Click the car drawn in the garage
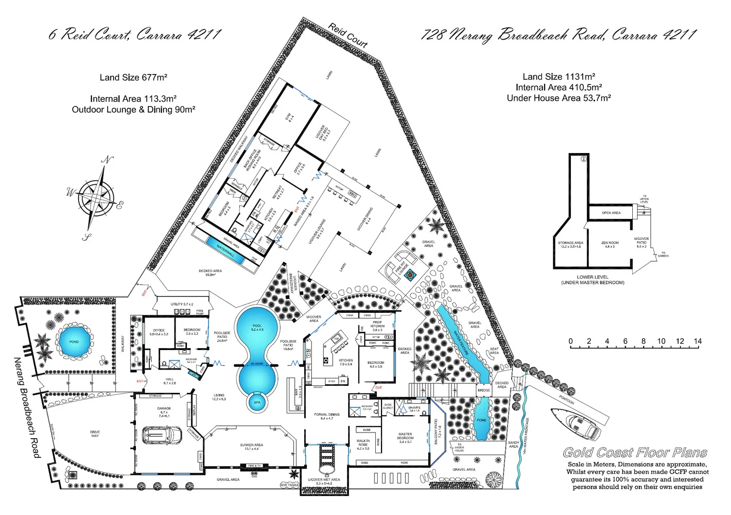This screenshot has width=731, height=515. (x=163, y=435)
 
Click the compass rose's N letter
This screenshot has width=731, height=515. (x=108, y=160)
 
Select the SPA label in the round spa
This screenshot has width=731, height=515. (x=257, y=402)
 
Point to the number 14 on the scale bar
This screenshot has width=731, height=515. (x=698, y=341)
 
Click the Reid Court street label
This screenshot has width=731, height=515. (x=348, y=35)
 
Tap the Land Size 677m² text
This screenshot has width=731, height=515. (x=133, y=78)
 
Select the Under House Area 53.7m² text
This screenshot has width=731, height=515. (x=558, y=98)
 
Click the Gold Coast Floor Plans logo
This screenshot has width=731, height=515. (x=635, y=453)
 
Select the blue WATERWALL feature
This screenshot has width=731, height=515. (x=225, y=250)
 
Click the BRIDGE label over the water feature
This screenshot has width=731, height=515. (x=484, y=390)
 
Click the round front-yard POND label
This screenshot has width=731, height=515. (x=74, y=342)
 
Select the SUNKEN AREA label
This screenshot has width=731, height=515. (x=251, y=447)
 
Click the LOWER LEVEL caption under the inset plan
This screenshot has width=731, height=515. (x=592, y=277)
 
